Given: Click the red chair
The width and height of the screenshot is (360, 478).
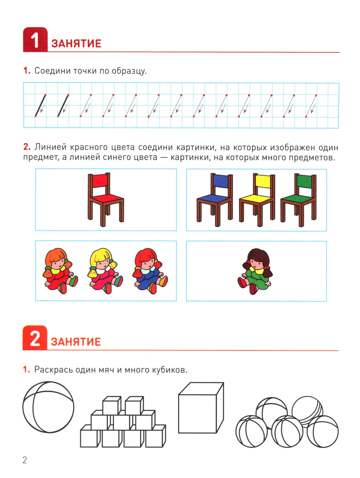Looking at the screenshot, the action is pyautogui.click(x=105, y=199).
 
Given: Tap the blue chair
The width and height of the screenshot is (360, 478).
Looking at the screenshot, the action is pyautogui.click(x=215, y=200).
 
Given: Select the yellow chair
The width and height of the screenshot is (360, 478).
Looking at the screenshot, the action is pyautogui.click(x=257, y=200).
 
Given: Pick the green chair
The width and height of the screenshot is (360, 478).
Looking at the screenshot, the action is pyautogui.click(x=298, y=200).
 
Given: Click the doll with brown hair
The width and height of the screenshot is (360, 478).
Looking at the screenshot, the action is pyautogui.click(x=255, y=271).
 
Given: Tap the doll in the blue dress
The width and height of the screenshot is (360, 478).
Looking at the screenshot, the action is pyautogui.click(x=150, y=271).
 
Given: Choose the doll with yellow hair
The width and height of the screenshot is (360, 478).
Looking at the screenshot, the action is pyautogui.click(x=105, y=271).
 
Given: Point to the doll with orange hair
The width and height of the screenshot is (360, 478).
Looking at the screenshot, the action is pyautogui.click(x=60, y=271).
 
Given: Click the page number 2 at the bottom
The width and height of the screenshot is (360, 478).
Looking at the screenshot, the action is pyautogui.click(x=24, y=460).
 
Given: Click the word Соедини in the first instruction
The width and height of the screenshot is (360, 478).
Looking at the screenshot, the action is pyautogui.click(x=53, y=71).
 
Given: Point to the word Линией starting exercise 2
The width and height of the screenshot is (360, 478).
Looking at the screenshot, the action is pyautogui.click(x=50, y=147).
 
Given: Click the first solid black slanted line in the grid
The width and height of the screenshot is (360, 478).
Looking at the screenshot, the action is pyautogui.click(x=40, y=106).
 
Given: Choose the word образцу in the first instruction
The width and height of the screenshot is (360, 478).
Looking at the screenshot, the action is pyautogui.click(x=129, y=71).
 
